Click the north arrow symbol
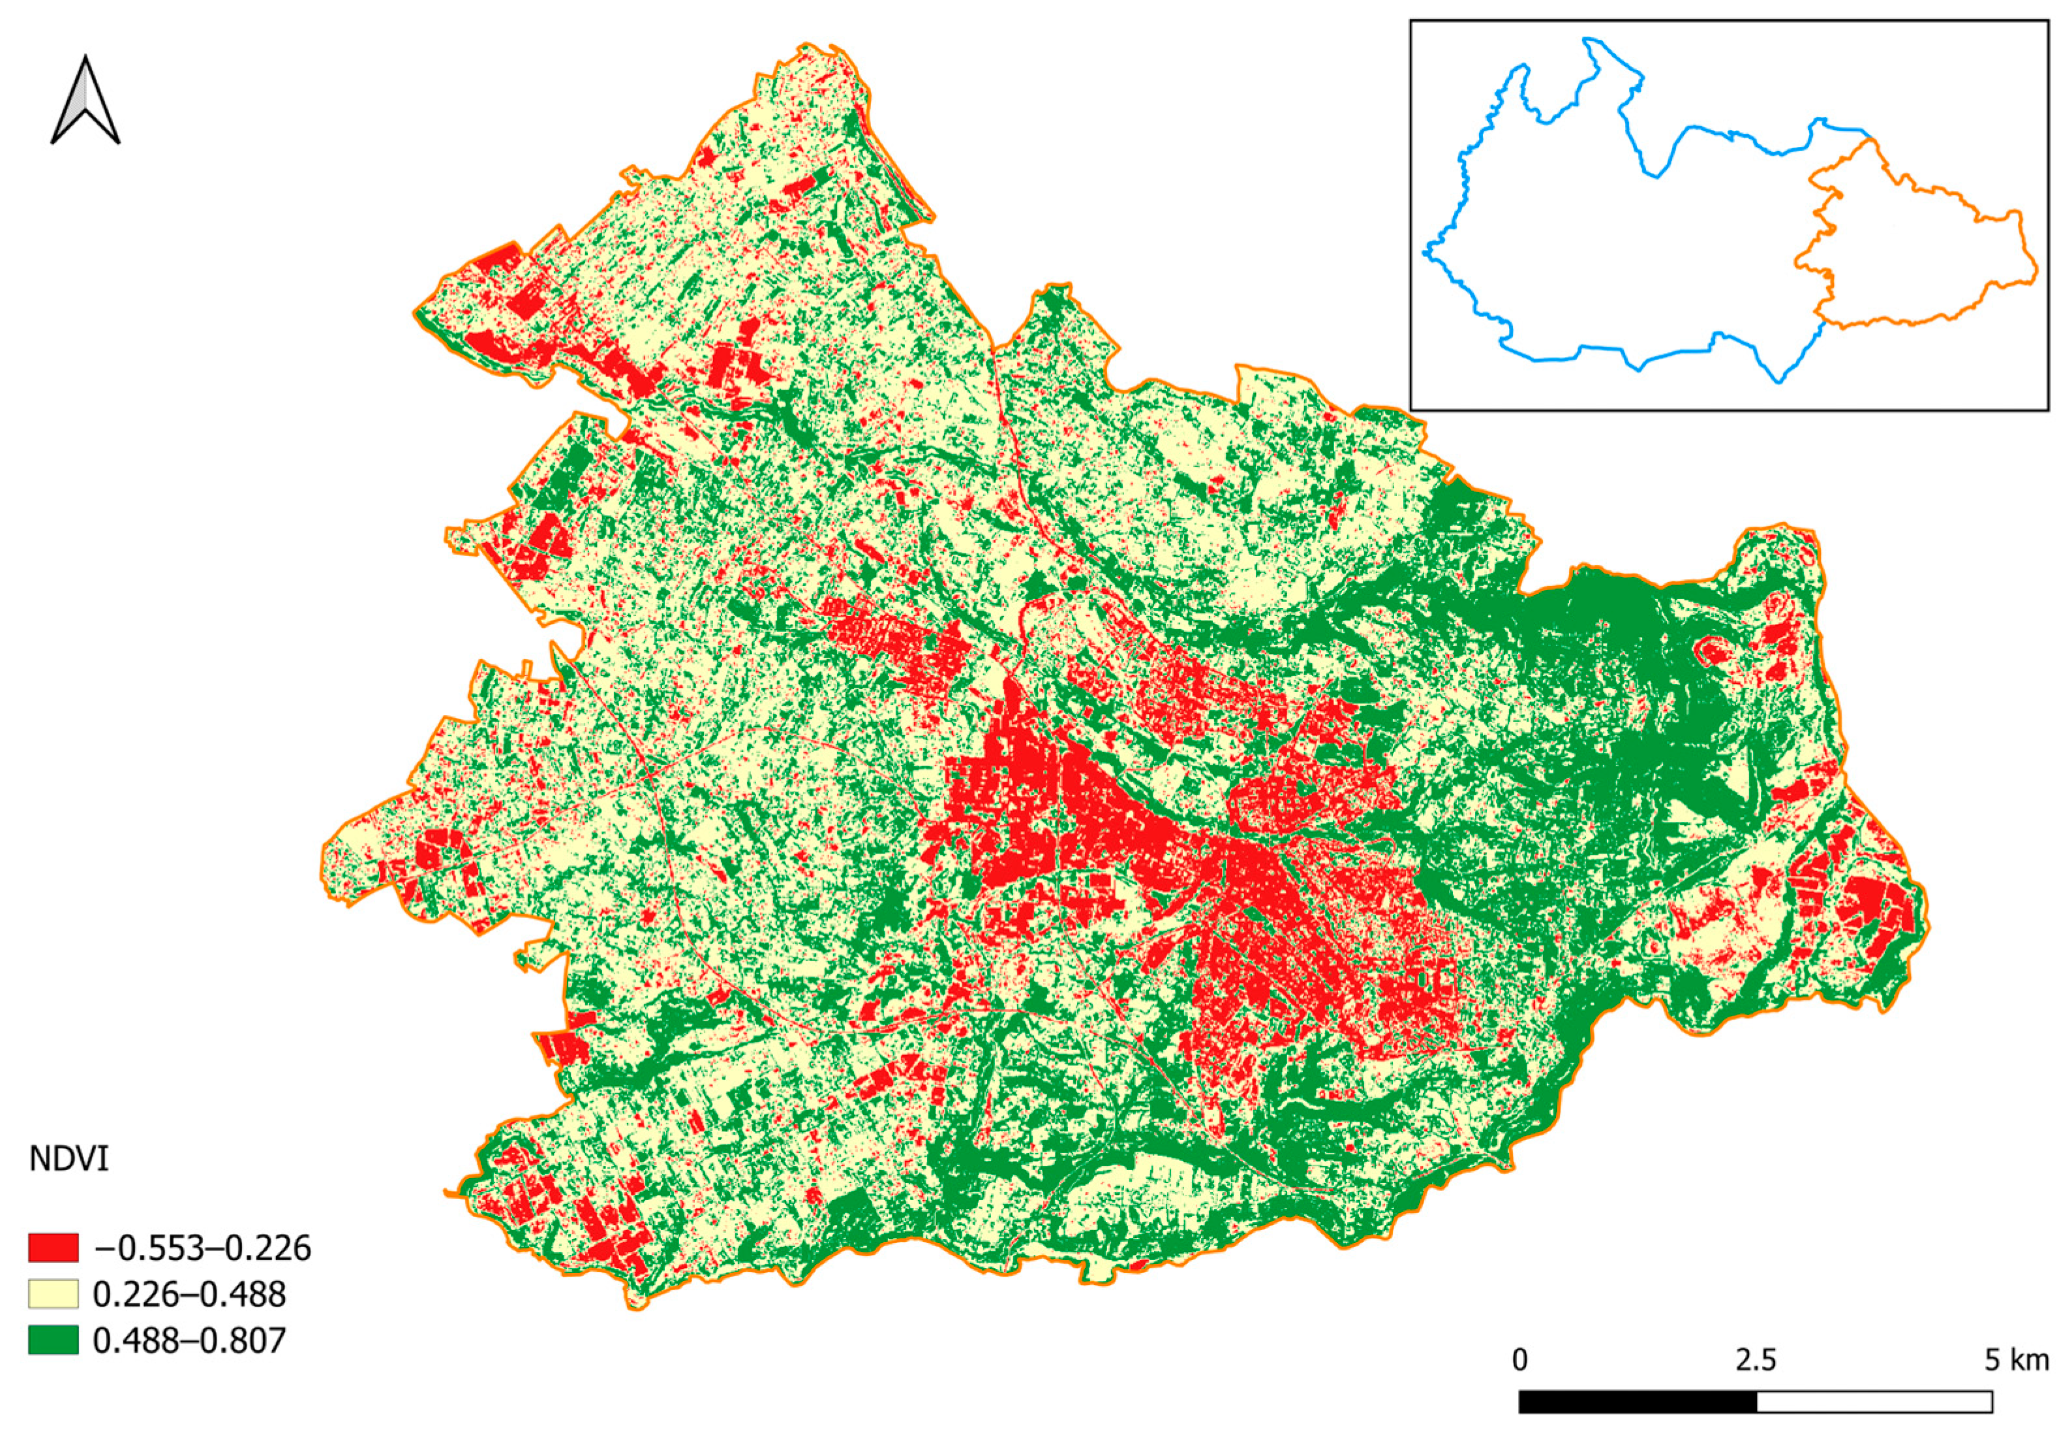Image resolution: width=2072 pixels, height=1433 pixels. [85, 100]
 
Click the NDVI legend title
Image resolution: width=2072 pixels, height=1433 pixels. [69, 1159]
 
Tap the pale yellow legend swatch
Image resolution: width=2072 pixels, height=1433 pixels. [53, 1294]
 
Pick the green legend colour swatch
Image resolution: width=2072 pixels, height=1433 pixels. [53, 1340]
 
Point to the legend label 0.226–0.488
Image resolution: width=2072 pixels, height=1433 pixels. [189, 1294]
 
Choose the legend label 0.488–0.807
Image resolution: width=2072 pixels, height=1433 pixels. [189, 1340]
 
